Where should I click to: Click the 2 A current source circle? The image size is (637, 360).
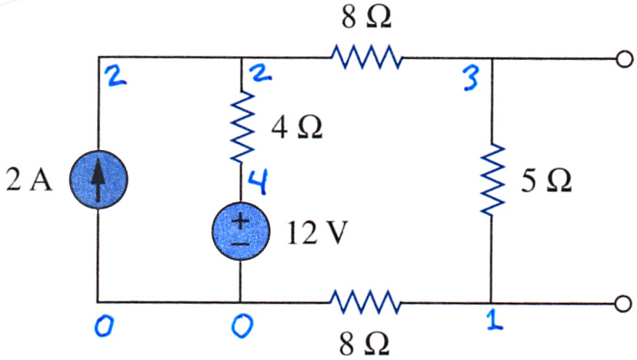pos(98,179)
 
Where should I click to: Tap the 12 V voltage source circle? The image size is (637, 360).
pos(241,232)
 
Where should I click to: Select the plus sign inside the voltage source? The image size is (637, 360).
pos(241,222)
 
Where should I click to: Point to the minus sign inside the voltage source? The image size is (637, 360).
pos(241,244)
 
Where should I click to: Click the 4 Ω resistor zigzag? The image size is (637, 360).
pos(242,127)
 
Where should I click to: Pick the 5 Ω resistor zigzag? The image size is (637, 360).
pos(492,179)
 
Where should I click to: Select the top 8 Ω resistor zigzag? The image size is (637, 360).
pos(367,57)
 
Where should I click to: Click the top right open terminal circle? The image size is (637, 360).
pos(625,59)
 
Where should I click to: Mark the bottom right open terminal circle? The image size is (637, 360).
pos(624,304)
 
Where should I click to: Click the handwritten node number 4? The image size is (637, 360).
pos(258,182)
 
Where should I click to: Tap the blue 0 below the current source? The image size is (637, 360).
pos(104,327)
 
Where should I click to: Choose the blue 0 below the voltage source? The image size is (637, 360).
pos(242,327)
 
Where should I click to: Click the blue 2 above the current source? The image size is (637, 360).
pos(115,77)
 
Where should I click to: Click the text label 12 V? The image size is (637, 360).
pos(317,233)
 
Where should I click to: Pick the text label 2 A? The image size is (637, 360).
pos(29,179)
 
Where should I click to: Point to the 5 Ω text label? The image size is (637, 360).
pos(547,181)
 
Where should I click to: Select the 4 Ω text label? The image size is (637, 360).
pos(297,128)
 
